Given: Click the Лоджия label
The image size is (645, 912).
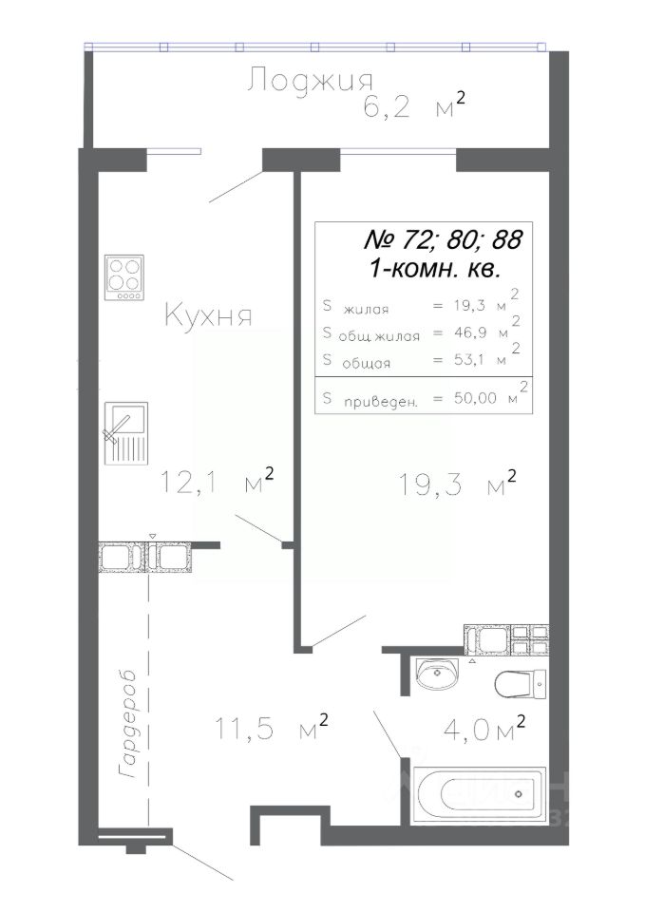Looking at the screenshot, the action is pyautogui.click(x=310, y=80).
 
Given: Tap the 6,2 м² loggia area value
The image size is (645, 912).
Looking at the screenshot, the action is pyautogui.click(x=414, y=105).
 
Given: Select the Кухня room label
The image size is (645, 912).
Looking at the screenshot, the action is pyautogui.click(x=208, y=315).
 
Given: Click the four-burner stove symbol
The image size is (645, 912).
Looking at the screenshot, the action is pyautogui.click(x=124, y=276).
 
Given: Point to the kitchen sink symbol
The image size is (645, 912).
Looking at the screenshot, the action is pyautogui.click(x=125, y=433).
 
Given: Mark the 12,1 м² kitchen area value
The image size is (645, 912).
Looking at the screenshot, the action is pyautogui.click(x=217, y=481).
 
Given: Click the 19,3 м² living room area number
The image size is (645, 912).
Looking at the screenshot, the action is pyautogui.click(x=458, y=484).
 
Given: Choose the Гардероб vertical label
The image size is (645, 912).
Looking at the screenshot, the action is pyautogui.click(x=127, y=724).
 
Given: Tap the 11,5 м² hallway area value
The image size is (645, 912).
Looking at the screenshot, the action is pyautogui.click(x=272, y=728).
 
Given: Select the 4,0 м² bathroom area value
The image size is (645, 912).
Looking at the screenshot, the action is pyautogui.click(x=484, y=730).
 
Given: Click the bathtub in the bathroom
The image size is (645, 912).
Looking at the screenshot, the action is pyautogui.click(x=479, y=795).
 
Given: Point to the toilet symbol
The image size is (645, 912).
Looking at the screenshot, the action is pyautogui.click(x=521, y=683).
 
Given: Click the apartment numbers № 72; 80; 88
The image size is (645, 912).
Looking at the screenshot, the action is pyautogui.click(x=443, y=239).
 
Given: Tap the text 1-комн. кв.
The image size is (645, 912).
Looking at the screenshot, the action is pyautogui.click(x=435, y=269).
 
